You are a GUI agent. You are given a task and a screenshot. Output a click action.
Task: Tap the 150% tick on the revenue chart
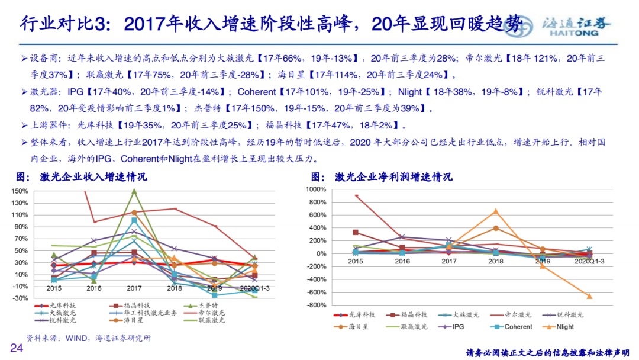tap(20, 191)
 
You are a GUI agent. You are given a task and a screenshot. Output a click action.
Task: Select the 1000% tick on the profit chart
tap(316, 189)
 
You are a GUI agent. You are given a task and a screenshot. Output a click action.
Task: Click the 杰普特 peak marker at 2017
tap(134, 191)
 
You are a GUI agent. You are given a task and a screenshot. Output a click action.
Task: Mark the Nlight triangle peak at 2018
tap(496, 211)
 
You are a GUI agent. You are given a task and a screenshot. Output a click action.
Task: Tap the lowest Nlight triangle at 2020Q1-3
tap(589, 296)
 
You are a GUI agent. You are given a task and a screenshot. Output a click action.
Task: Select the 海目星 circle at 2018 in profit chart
tap(496, 228)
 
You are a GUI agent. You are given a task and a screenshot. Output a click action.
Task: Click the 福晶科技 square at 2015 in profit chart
tap(356, 233)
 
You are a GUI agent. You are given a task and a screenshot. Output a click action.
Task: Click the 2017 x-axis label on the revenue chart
tap(134, 288)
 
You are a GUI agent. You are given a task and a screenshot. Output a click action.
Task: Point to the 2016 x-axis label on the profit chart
tap(402, 260)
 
